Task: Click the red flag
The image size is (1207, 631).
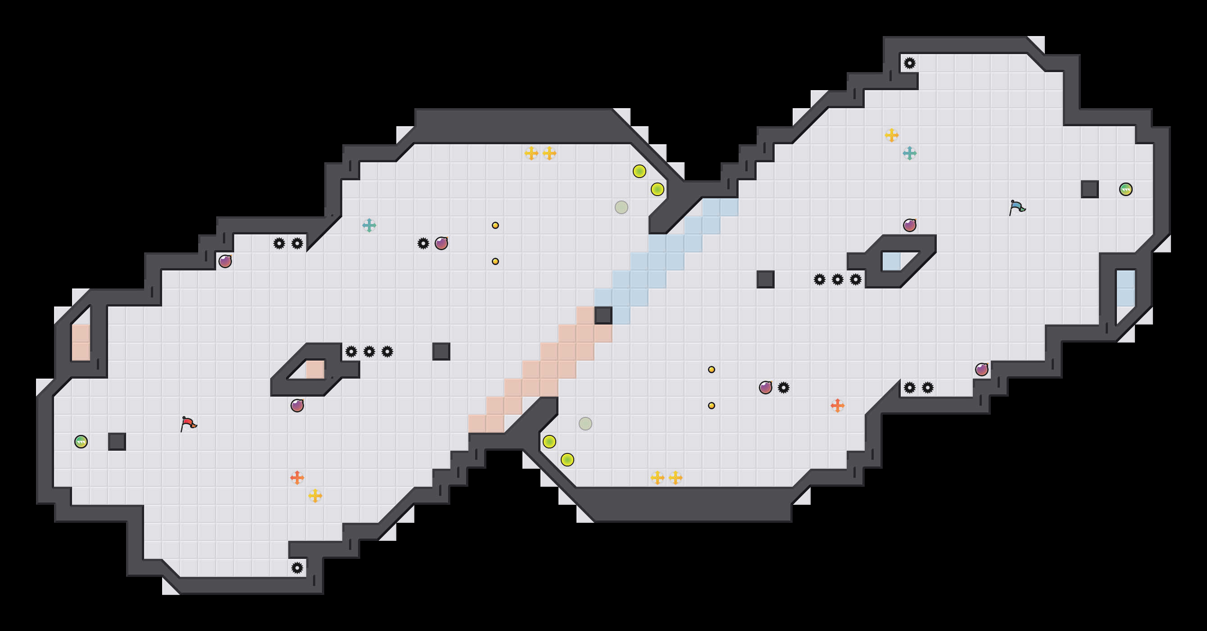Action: (188, 424)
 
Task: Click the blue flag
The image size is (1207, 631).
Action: (1017, 207)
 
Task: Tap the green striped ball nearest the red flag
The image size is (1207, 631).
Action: (81, 442)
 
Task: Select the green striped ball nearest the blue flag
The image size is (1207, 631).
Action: (1125, 189)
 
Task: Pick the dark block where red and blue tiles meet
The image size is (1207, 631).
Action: (603, 315)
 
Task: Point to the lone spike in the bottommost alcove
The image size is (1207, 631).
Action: (297, 568)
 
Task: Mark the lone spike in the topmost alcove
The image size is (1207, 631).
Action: (909, 63)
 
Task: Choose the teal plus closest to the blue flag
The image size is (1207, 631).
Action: (909, 153)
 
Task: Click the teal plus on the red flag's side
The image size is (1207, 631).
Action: (369, 225)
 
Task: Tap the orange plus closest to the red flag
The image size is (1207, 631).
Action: (297, 478)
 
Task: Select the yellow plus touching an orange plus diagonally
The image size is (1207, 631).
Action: (315, 495)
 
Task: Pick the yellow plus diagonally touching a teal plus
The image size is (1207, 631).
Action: (892, 136)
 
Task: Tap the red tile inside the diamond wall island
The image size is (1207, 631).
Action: (315, 370)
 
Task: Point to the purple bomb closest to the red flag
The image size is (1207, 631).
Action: (297, 406)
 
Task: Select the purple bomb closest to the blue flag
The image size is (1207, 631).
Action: (909, 225)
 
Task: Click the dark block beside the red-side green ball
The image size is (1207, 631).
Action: (117, 442)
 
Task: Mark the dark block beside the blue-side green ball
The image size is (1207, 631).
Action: (1090, 189)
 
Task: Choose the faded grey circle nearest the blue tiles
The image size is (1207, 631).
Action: (622, 207)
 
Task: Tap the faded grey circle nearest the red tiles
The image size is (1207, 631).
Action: (585, 424)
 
